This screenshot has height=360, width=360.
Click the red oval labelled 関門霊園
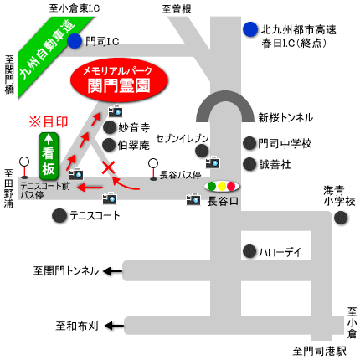pyautogui.click(x=119, y=80)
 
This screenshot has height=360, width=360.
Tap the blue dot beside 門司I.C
pyautogui.click(x=75, y=41)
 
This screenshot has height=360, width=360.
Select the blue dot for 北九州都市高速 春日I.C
pyautogui.click(x=250, y=29)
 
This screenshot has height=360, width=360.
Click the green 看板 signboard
pyautogui.click(x=49, y=157)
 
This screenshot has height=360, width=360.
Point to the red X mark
pyautogui.click(x=108, y=167)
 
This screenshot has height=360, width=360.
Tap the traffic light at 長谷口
pyautogui.click(x=222, y=186)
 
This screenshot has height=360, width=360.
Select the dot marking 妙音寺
pyautogui.click(x=110, y=127)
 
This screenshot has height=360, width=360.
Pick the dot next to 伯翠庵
pyautogui.click(x=109, y=145)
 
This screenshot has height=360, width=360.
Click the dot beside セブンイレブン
pyautogui.click(x=202, y=151)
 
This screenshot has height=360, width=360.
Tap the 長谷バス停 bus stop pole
pyautogui.click(x=153, y=169)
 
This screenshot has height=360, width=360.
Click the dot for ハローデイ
pyautogui.click(x=249, y=251)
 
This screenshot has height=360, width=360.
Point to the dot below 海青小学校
pyautogui.click(x=341, y=218)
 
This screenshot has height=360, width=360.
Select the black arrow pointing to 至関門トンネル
pyautogui.click(x=113, y=271)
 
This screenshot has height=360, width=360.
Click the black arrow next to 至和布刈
pyautogui.click(x=114, y=326)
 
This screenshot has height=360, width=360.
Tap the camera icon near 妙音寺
pyautogui.click(x=116, y=111)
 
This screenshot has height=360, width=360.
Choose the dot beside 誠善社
pyautogui.click(x=249, y=164)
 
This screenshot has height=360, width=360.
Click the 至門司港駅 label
pyautogui.click(x=319, y=351)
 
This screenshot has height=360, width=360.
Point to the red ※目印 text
pyautogui.click(x=49, y=122)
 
